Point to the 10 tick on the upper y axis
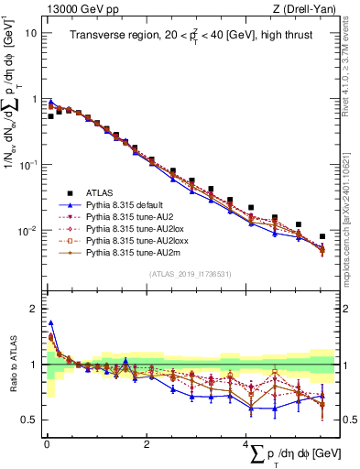pos(31,33)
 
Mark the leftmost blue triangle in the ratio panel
pos(50,322)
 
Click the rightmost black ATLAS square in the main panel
pos(322,236)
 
